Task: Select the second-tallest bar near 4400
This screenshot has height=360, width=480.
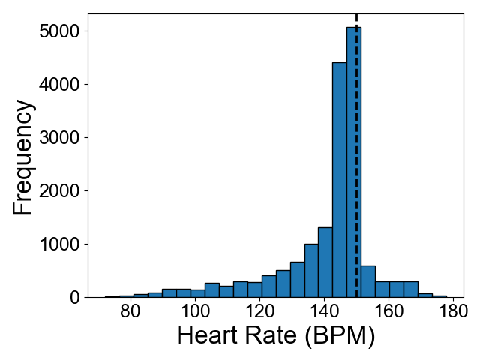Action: (339, 180)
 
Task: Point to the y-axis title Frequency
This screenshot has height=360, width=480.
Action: (23, 158)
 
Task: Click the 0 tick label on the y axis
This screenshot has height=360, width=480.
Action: (76, 298)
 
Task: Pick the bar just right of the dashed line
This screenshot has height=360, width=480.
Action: (367, 281)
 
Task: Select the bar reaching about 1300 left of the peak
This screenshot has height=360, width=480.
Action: (325, 262)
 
